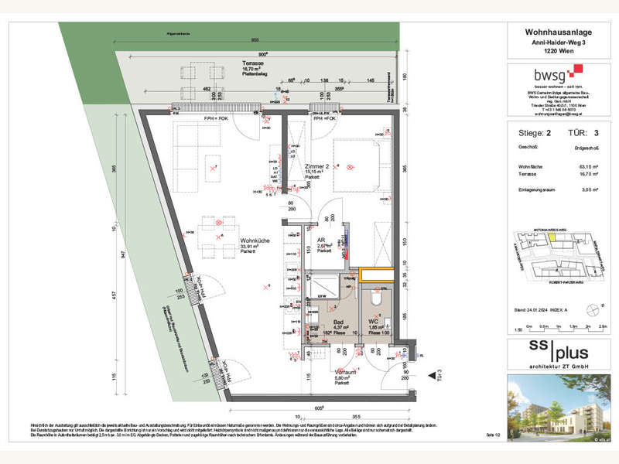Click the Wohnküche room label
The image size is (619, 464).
click(254, 241)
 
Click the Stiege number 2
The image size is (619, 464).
click(549, 133)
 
